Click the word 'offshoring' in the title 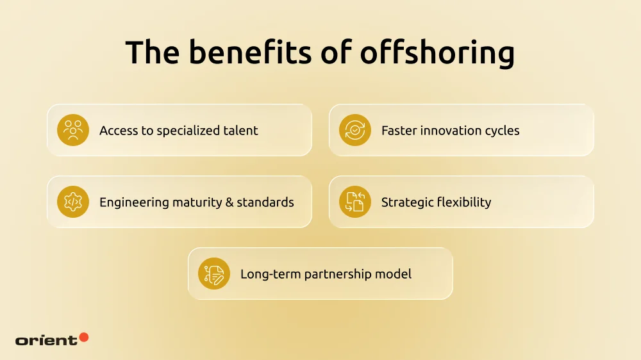(x=437, y=53)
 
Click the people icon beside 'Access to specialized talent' (x=73, y=130)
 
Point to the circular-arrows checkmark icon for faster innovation (x=355, y=130)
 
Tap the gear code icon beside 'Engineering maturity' (x=73, y=202)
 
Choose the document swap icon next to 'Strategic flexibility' (x=355, y=202)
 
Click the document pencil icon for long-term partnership (x=214, y=274)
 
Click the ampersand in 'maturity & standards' (x=228, y=202)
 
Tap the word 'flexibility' (x=463, y=202)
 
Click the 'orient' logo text (x=46, y=340)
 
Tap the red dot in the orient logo (x=83, y=337)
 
